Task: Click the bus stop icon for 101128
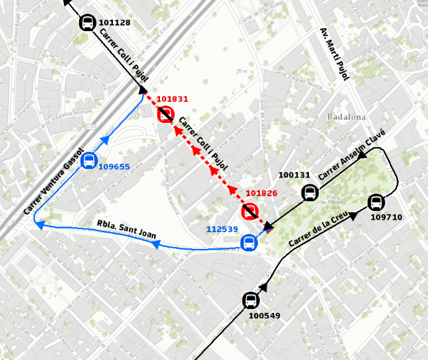(x=88, y=24)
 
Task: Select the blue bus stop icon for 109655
(x=90, y=161)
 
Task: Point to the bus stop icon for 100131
(x=309, y=192)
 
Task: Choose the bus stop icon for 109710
(x=376, y=202)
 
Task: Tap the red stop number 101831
(x=172, y=99)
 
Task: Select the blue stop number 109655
(x=114, y=167)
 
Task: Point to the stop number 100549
(x=264, y=316)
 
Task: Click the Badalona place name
(x=346, y=117)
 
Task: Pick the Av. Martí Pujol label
(x=335, y=54)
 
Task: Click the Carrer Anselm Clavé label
(x=352, y=155)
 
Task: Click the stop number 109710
(x=386, y=217)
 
